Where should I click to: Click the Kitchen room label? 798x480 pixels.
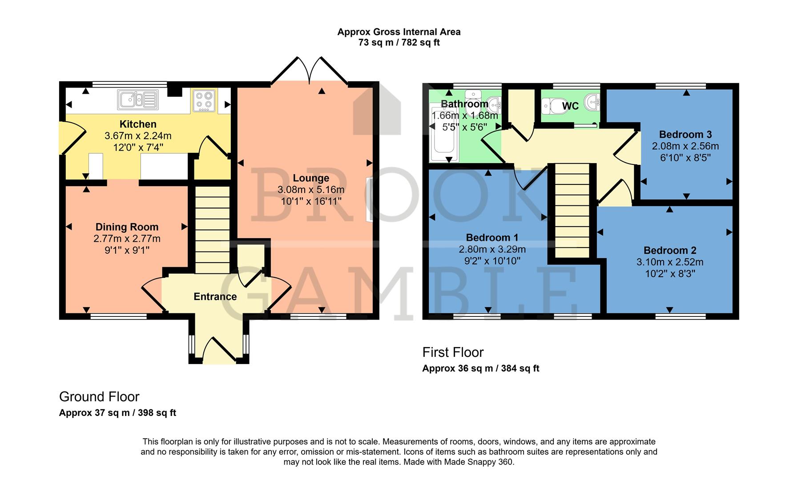pyautogui.click(x=138, y=124)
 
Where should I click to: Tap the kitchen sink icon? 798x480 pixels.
pyautogui.click(x=137, y=100)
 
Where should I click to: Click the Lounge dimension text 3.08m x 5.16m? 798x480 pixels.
pyautogui.click(x=311, y=190)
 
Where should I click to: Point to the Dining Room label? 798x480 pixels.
pyautogui.click(x=127, y=227)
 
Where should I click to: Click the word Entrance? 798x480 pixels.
pyautogui.click(x=215, y=296)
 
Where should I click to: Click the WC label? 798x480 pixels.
pyautogui.click(x=570, y=106)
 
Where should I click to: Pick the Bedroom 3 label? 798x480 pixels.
pyautogui.click(x=685, y=134)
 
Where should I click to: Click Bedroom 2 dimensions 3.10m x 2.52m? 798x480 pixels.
pyautogui.click(x=670, y=262)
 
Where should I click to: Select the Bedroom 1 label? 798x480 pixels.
pyautogui.click(x=492, y=237)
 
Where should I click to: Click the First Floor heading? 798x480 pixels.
pyautogui.click(x=452, y=352)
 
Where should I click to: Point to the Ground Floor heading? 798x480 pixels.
pyautogui.click(x=99, y=396)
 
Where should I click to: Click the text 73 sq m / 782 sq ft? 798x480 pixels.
pyautogui.click(x=399, y=43)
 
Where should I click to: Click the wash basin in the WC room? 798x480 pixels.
pyautogui.click(x=592, y=103)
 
